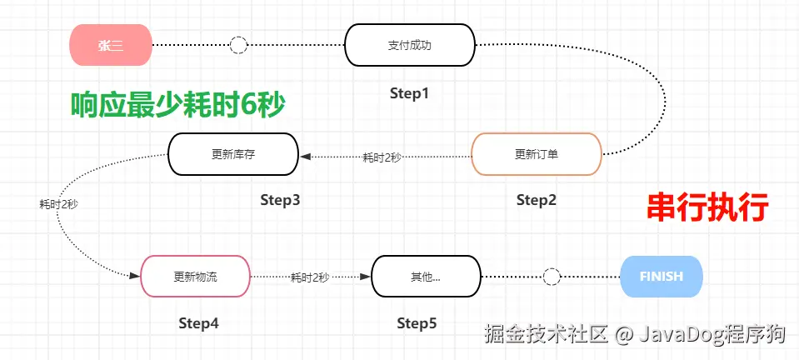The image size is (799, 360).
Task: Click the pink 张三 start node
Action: (111, 45)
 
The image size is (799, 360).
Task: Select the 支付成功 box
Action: (409, 45)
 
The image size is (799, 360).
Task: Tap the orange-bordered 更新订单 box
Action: (536, 154)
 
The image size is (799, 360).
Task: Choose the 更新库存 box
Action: (232, 154)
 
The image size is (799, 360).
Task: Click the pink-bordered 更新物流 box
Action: (195, 277)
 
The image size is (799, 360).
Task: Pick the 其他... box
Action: (426, 277)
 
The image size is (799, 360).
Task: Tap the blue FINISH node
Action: (662, 277)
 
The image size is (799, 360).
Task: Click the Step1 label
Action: (409, 93)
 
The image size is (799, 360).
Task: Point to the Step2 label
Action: (536, 200)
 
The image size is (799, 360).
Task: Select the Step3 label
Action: (280, 200)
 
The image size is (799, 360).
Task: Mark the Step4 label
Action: (198, 323)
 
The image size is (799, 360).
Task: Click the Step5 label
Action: (417, 323)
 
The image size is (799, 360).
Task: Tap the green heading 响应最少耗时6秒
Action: (177, 105)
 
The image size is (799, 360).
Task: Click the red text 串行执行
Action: (707, 207)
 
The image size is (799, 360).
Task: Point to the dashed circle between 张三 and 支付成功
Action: (238, 45)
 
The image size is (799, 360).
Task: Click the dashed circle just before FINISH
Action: (551, 277)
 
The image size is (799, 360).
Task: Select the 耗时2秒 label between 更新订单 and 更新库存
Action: (382, 157)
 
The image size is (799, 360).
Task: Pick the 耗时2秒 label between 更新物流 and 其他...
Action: (310, 277)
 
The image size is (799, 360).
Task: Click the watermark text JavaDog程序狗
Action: (712, 335)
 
